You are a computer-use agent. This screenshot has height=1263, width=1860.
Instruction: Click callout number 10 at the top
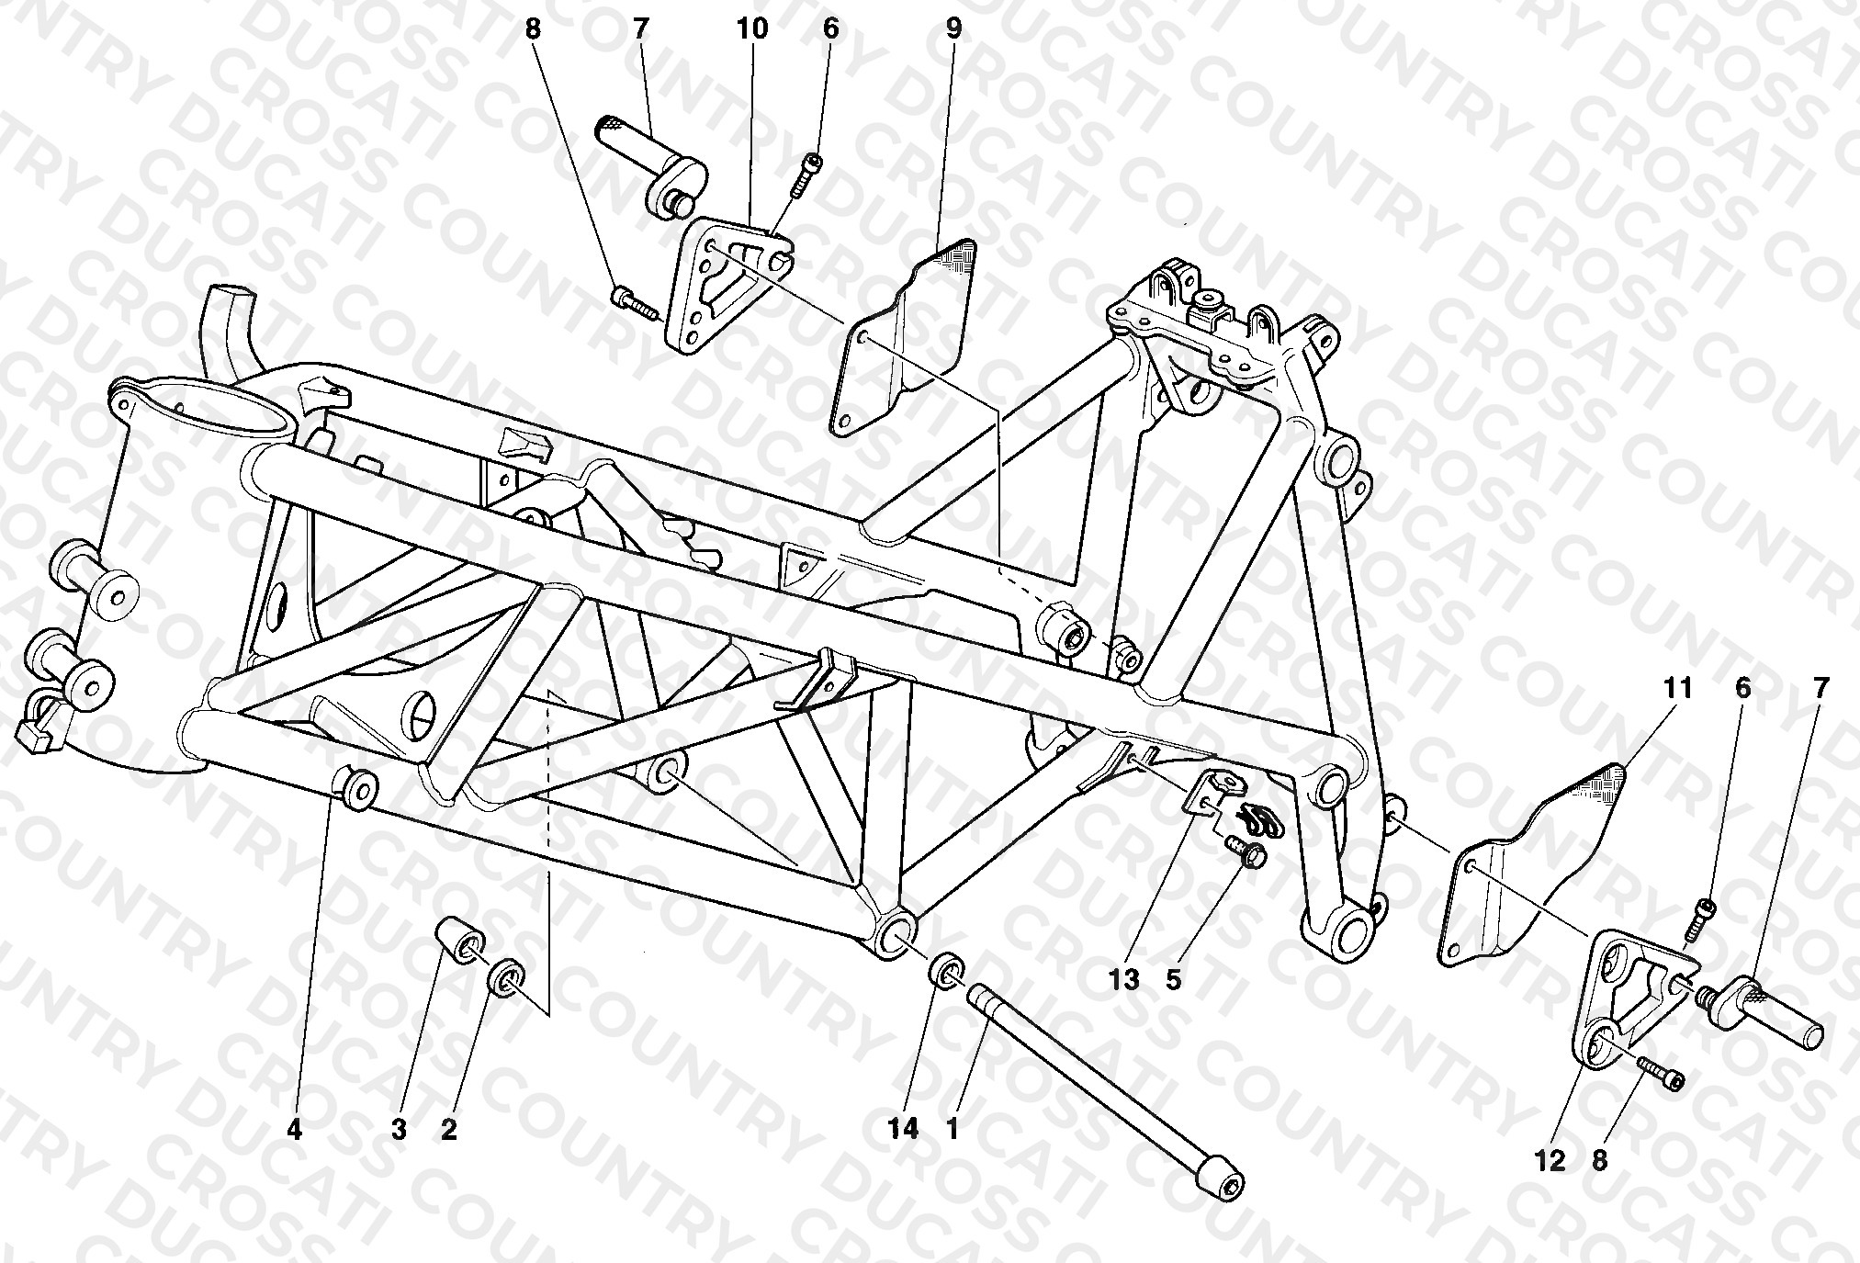coord(751,28)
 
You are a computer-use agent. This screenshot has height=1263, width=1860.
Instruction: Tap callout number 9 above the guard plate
coord(953,28)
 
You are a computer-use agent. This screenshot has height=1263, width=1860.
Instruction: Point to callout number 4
coord(293,1130)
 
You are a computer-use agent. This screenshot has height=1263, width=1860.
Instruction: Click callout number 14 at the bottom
coord(904,1130)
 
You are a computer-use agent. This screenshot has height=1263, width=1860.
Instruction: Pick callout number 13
coord(1124,979)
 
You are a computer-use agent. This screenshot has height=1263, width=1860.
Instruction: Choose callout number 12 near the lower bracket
coord(1550,1162)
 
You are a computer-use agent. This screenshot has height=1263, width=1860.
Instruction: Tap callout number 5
coord(1173,979)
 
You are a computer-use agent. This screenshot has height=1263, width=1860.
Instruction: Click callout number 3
coord(398,1130)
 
